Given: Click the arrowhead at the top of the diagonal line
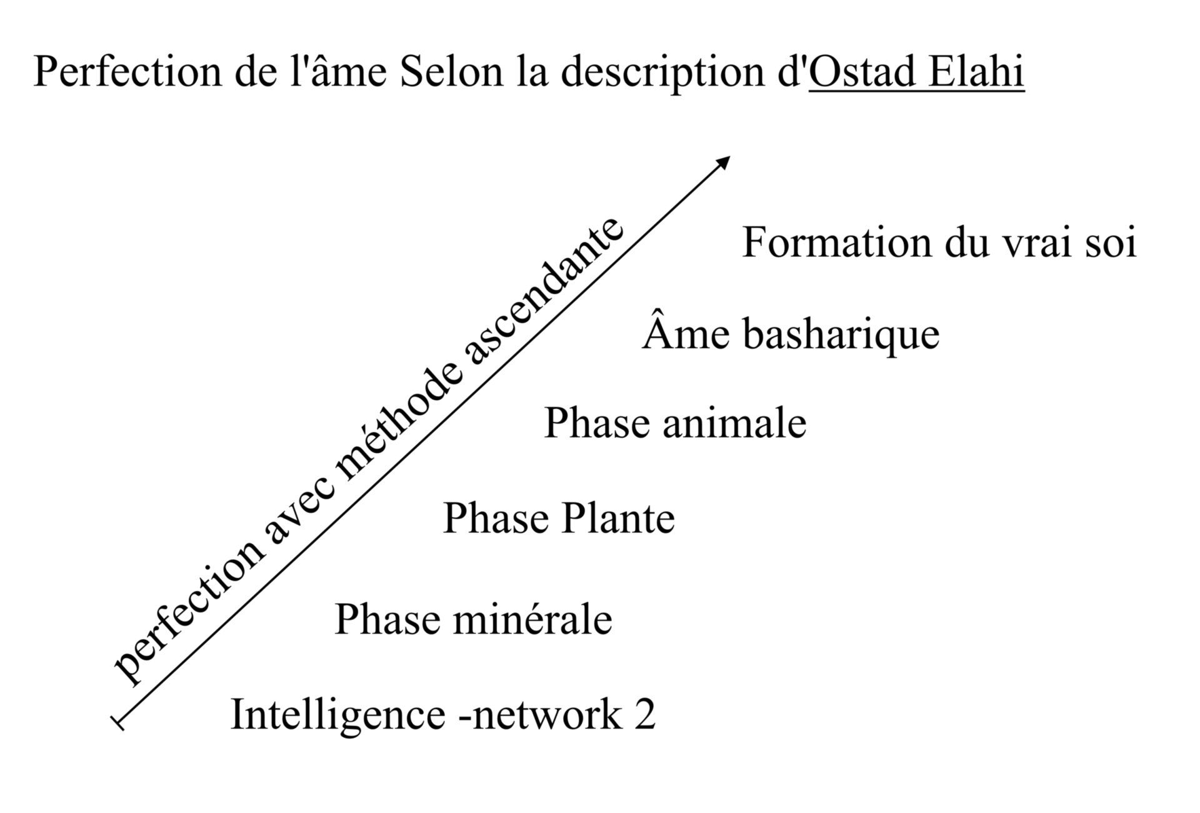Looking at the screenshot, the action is [x=722, y=162].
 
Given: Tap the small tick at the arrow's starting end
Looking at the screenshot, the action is [x=117, y=723].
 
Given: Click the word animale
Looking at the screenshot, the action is [x=734, y=422].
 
